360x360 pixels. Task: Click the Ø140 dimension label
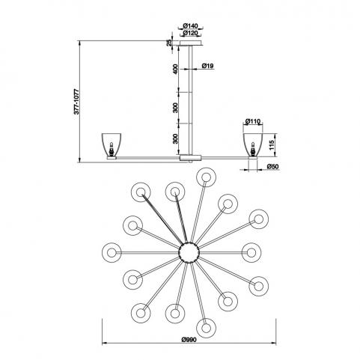pos(190,25)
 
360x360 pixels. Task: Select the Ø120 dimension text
pos(190,33)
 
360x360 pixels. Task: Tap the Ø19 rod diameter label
pos(207,66)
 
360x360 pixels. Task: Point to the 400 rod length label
pos(176,69)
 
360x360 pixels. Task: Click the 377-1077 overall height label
pos(76,101)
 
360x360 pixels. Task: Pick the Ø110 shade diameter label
pos(253,121)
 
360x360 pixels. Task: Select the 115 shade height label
pos(272,145)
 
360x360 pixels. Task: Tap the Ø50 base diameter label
pos(272,166)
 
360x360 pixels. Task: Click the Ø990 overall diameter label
pos(189,339)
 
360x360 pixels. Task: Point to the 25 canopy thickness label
pos(170,43)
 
